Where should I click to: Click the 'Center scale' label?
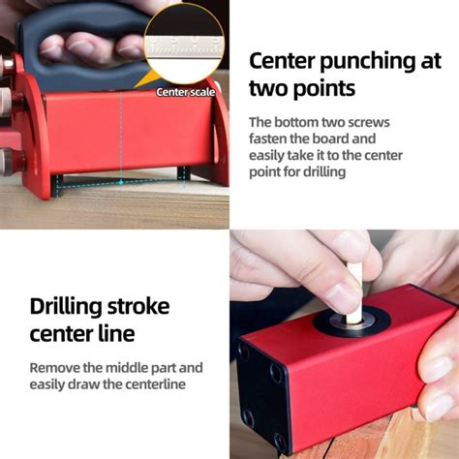pos(186,92)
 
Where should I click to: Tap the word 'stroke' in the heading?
pos(138,306)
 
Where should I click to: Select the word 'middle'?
pos(127,368)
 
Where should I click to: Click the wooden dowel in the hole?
pos(354,293)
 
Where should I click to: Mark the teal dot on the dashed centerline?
pos(121,183)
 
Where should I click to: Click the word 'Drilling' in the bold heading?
pos(67,307)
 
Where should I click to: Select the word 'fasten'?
pos(267,138)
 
